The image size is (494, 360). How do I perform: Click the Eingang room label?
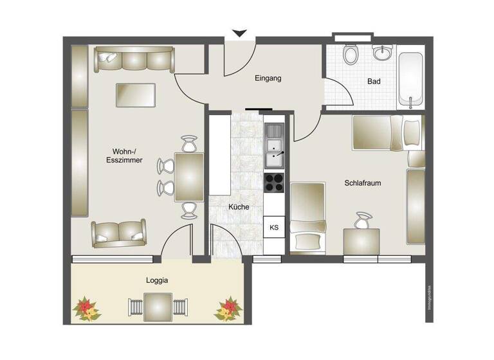pos(268,78)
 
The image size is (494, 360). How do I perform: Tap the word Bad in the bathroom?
pos(374,82)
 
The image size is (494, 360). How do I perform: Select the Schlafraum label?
pos(363,183)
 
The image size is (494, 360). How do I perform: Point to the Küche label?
pos(238,207)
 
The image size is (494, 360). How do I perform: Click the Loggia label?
pos(157,281)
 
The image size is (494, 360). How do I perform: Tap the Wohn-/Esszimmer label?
pos(124,156)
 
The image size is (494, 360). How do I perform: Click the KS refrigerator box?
pos(274,227)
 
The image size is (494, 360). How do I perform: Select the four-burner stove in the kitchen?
pos(274,183)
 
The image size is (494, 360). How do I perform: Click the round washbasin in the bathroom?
pos(383,55)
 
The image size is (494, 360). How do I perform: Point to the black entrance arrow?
pos(240,33)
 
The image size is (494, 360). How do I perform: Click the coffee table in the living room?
pos(135,95)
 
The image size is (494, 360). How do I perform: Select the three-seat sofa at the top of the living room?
pos(134,60)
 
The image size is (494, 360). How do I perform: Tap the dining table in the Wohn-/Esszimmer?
pos(189,177)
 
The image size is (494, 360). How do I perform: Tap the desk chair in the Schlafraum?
pos(363,221)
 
